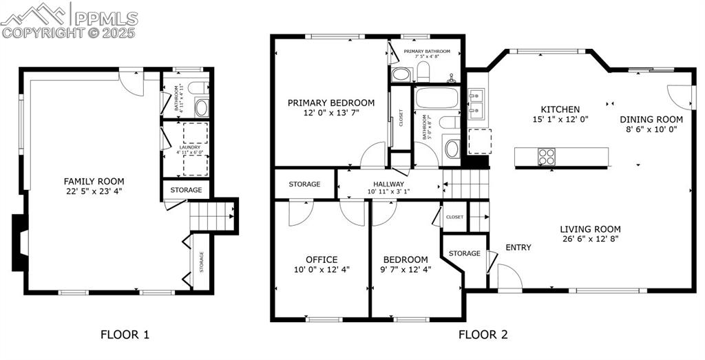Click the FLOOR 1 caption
point(125,335)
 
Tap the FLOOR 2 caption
point(483,335)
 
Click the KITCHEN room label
point(560,109)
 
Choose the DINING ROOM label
point(651,118)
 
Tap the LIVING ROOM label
point(590,229)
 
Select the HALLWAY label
point(388,184)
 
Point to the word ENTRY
point(518,247)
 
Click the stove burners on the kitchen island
point(546,157)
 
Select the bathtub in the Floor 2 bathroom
point(436,97)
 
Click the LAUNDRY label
point(189,147)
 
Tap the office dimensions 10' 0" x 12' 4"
point(322,270)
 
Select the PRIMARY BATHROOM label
point(427,52)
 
